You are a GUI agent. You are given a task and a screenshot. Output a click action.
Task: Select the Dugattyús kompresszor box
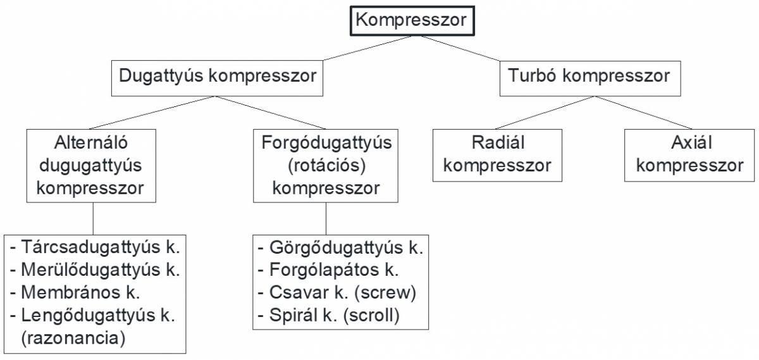click(x=217, y=77)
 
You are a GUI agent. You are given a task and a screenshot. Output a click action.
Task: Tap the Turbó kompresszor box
click(x=589, y=77)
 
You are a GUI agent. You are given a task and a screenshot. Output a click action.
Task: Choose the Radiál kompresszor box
click(x=497, y=154)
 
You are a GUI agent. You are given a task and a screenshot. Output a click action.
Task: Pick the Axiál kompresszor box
click(x=689, y=154)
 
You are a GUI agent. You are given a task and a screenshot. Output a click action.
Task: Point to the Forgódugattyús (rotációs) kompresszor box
click(x=326, y=166)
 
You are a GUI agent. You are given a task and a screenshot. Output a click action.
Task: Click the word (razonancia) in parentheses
click(x=73, y=338)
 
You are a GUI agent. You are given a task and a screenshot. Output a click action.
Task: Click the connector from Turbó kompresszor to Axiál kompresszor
click(x=642, y=112)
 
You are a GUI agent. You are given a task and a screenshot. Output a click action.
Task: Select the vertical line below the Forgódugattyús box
click(x=326, y=218)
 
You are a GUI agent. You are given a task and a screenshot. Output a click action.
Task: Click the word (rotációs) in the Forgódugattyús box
click(x=326, y=166)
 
